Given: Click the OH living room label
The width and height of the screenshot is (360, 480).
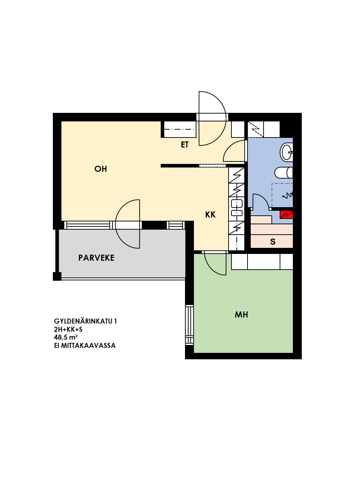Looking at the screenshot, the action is click(x=101, y=169).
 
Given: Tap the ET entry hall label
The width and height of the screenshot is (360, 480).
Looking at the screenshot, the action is click(x=185, y=145).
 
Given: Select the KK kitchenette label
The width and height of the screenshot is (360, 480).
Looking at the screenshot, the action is click(x=210, y=215).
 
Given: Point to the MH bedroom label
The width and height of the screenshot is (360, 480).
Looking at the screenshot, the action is click(x=241, y=314).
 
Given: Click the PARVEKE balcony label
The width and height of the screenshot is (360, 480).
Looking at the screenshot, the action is click(x=96, y=258).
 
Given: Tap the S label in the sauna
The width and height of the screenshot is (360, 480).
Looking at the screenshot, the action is click(x=272, y=242).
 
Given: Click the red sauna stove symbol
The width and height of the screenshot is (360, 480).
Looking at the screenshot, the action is click(x=286, y=215).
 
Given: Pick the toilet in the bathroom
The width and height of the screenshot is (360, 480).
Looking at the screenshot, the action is click(x=284, y=173).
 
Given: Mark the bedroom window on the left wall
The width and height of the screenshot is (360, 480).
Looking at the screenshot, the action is click(x=190, y=325).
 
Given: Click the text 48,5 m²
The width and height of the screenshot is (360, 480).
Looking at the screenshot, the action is click(x=66, y=337).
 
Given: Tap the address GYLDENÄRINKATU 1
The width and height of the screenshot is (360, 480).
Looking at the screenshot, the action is click(x=85, y=321).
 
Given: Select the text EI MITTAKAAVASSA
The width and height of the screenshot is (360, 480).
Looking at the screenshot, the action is click(x=85, y=345).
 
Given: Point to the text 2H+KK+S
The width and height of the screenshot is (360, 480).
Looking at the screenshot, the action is click(x=68, y=329).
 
